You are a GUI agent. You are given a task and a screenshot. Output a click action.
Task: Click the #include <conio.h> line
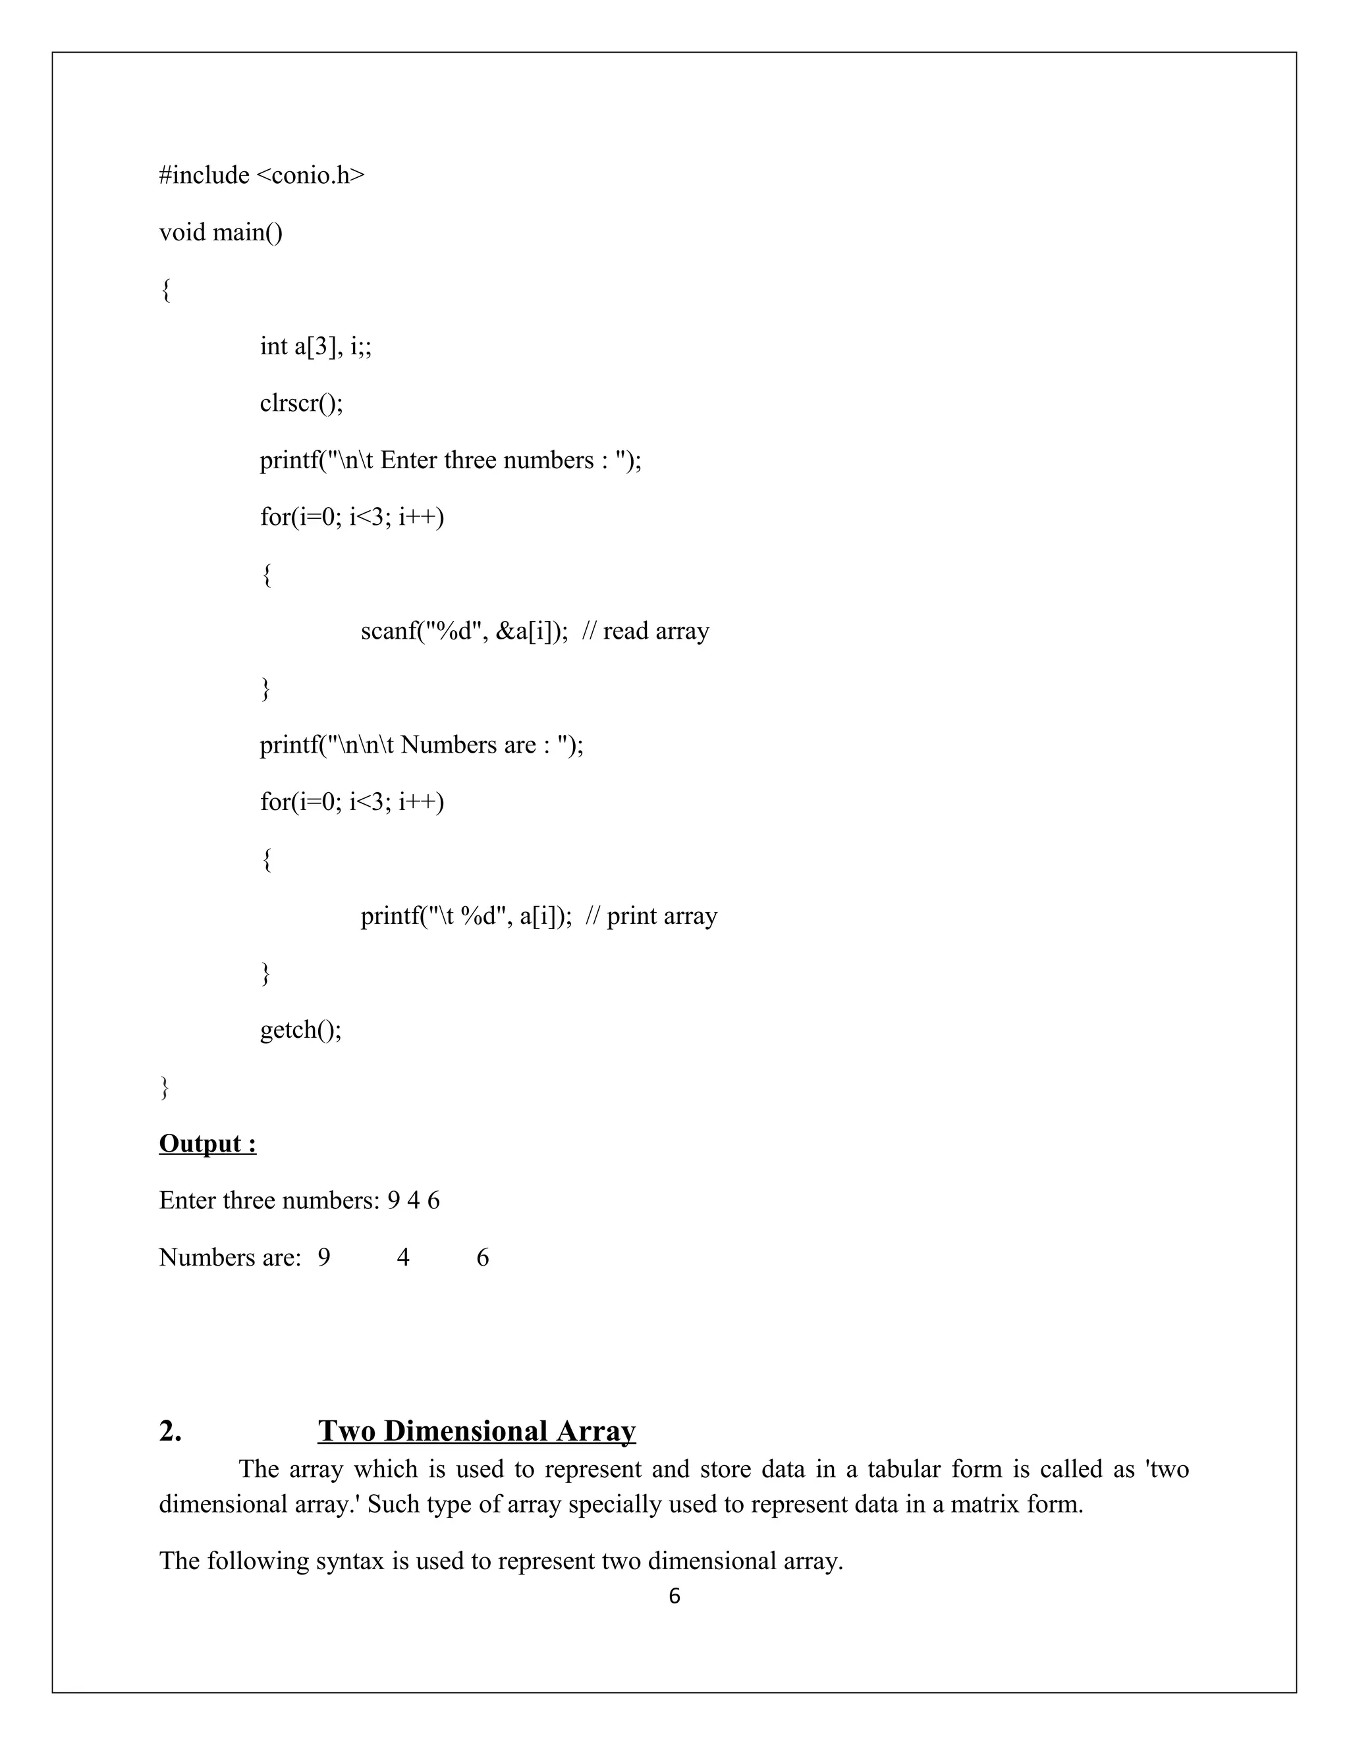pyautogui.click(x=262, y=175)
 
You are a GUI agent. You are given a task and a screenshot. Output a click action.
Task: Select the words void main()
pyautogui.click(x=221, y=232)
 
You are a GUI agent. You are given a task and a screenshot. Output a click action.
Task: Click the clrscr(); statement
pyautogui.click(x=301, y=403)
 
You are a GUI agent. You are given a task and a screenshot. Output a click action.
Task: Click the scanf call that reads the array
pyautogui.click(x=464, y=631)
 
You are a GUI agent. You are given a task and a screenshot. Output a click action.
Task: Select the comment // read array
pyautogui.click(x=646, y=631)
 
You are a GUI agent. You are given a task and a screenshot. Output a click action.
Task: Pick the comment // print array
pyautogui.click(x=651, y=916)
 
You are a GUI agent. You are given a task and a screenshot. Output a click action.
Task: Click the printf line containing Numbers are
pyautogui.click(x=421, y=745)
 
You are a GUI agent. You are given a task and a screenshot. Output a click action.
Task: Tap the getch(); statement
pyautogui.click(x=300, y=1030)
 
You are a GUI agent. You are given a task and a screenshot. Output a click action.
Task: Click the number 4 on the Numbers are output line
pyautogui.click(x=404, y=1258)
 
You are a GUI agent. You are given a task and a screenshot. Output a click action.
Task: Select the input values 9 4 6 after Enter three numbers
pyautogui.click(x=413, y=1201)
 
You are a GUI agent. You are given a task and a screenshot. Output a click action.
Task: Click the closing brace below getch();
pyautogui.click(x=165, y=1087)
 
